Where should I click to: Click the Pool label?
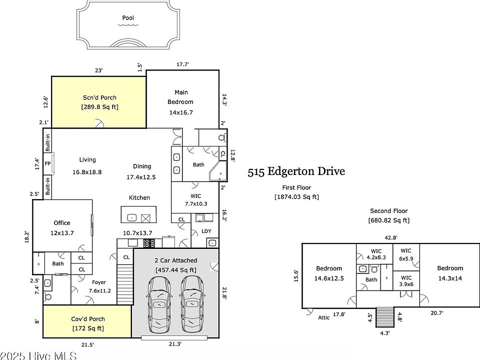click(x=128, y=18)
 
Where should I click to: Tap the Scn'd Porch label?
click(x=100, y=97)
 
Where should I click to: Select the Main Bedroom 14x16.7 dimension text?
click(x=181, y=112)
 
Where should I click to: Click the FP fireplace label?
click(x=47, y=164)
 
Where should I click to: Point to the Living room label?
click(x=87, y=159)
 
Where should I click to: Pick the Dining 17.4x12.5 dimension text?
click(x=141, y=177)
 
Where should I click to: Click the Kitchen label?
click(x=139, y=198)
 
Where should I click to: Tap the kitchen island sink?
click(x=131, y=217)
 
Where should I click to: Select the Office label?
click(x=62, y=223)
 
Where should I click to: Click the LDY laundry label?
click(x=206, y=231)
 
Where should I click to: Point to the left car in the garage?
click(x=158, y=304)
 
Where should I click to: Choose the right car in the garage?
click(x=192, y=304)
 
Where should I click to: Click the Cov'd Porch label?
click(x=88, y=319)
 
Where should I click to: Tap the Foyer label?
click(x=99, y=282)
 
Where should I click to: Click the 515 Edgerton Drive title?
click(x=296, y=171)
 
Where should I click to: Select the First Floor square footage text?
click(x=296, y=197)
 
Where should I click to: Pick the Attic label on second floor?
click(x=324, y=317)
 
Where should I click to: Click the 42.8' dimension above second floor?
click(x=391, y=237)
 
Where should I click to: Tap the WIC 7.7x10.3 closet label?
click(x=196, y=200)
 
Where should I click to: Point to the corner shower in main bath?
click(x=218, y=171)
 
